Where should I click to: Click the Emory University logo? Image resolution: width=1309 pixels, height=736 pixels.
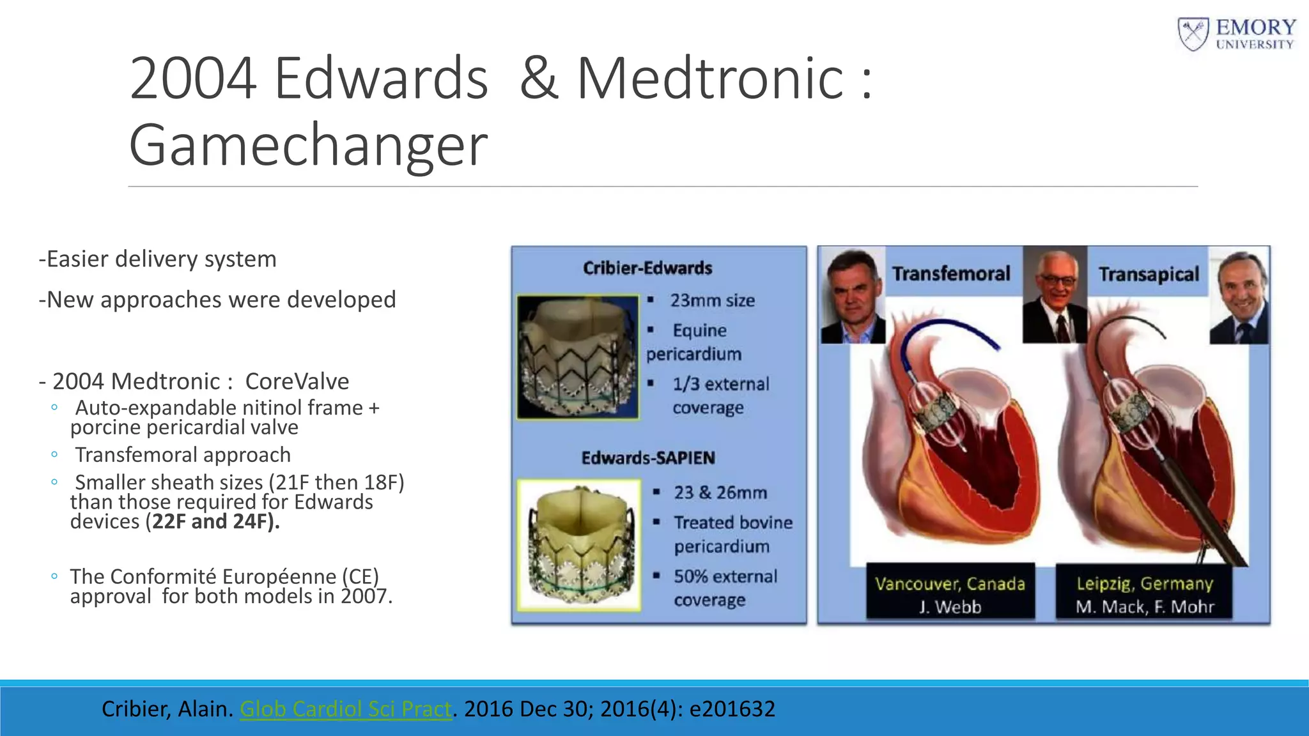click(x=1237, y=34)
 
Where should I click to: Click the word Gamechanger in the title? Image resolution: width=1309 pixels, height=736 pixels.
click(x=308, y=146)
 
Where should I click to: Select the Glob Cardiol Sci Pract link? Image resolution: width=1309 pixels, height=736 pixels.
click(x=345, y=709)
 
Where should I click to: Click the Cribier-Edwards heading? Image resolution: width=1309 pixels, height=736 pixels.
click(x=647, y=268)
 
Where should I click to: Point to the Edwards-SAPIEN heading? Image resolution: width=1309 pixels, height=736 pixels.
click(x=647, y=458)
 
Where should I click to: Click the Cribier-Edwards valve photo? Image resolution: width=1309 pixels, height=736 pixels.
click(x=578, y=357)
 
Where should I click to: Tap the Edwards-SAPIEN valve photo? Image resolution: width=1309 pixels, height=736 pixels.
click(x=579, y=545)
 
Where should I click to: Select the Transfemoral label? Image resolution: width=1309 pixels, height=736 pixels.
click(x=951, y=274)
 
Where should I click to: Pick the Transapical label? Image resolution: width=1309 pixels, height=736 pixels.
click(x=1149, y=275)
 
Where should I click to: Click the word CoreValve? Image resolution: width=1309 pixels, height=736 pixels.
click(x=297, y=381)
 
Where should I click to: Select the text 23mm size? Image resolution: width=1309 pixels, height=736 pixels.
click(x=712, y=300)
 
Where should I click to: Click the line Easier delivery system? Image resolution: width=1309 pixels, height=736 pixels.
click(x=157, y=259)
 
